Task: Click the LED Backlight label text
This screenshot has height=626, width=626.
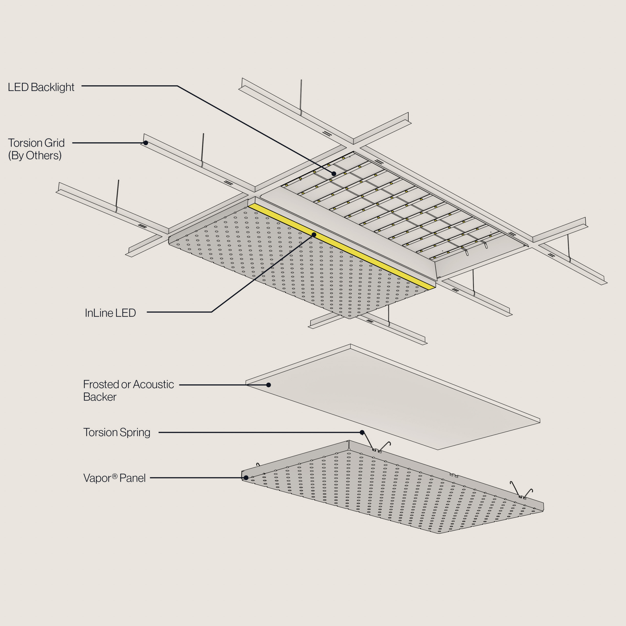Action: [41, 87]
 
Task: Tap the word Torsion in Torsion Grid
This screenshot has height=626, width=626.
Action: [25, 143]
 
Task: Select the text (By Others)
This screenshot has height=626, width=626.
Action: [35, 156]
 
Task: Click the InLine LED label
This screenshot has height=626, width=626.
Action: [110, 313]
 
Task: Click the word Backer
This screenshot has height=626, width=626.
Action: [100, 397]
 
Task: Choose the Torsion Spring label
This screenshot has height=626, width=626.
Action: [117, 432]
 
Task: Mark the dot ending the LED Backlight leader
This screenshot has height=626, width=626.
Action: [334, 174]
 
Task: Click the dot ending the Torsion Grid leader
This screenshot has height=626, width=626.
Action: [146, 143]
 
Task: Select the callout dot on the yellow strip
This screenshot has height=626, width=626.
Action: [314, 235]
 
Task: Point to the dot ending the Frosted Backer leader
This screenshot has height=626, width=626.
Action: [268, 385]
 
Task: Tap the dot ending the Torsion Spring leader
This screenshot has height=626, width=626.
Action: [362, 432]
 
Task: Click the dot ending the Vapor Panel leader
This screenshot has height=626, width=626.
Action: [246, 478]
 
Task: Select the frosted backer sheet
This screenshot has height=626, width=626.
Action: [389, 399]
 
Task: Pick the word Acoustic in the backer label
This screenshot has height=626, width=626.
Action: [153, 384]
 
